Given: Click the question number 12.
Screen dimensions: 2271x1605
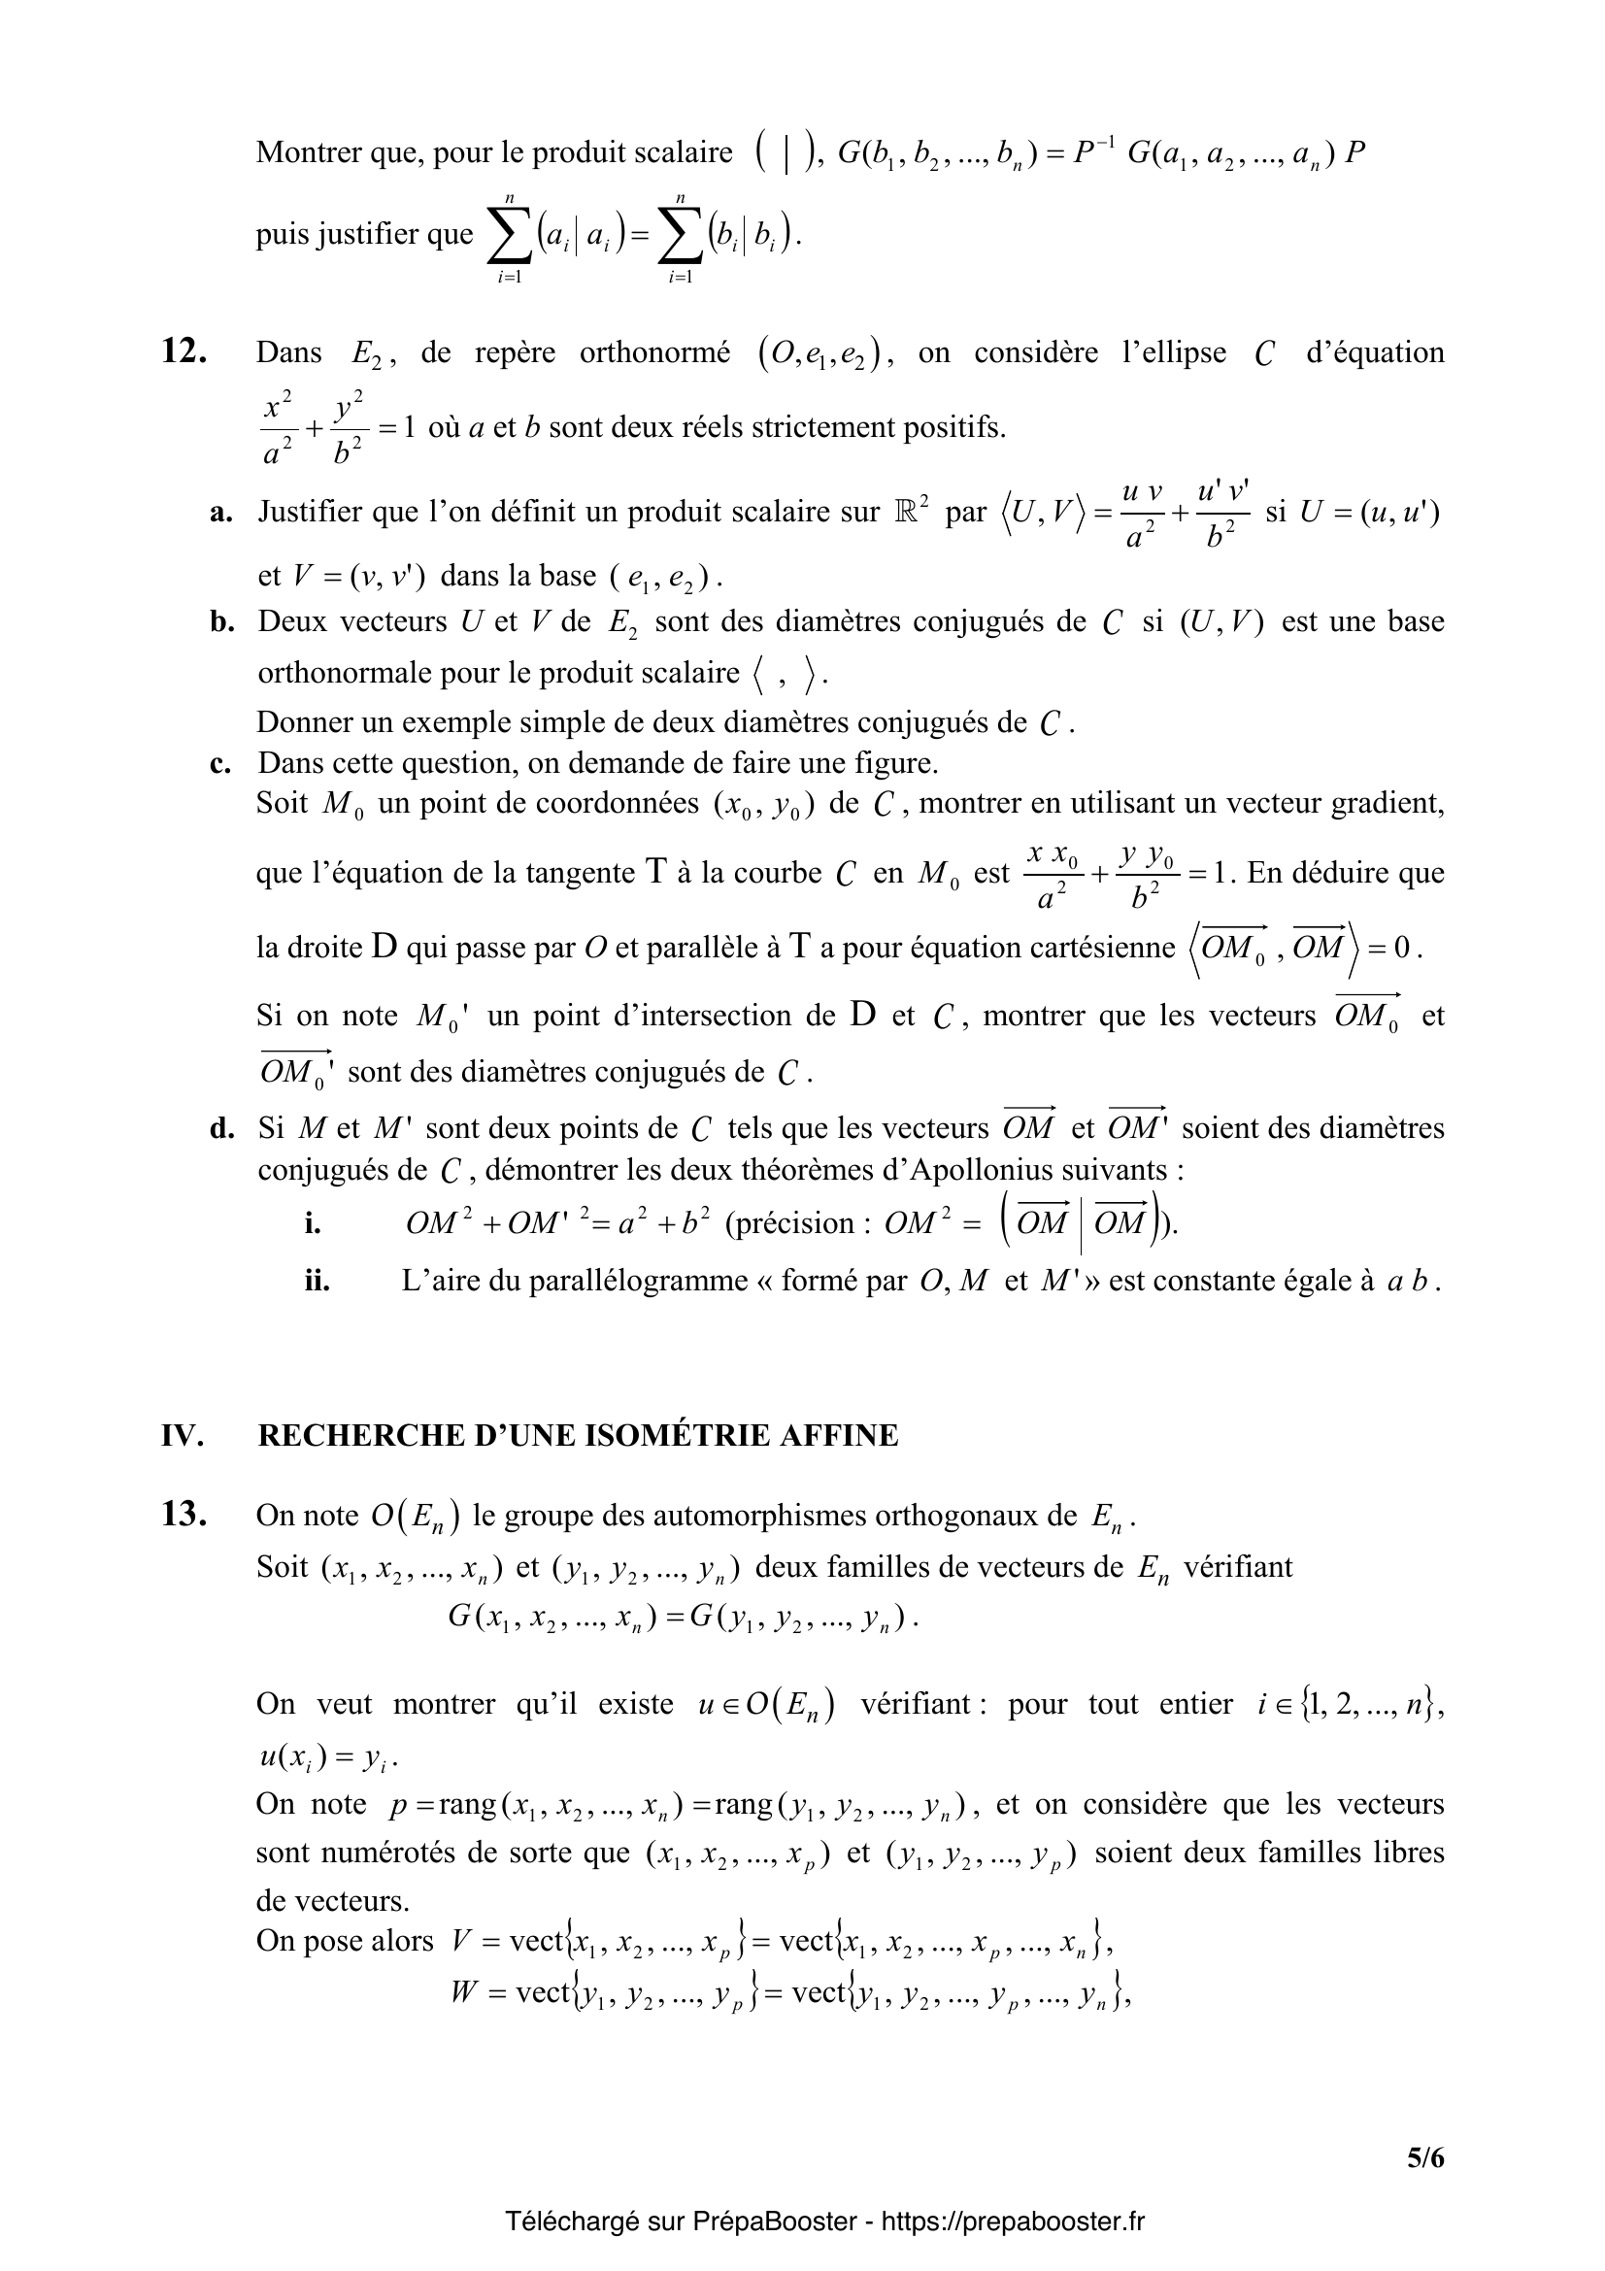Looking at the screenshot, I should click(x=183, y=352).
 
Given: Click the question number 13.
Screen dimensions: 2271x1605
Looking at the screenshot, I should click(x=183, y=1516).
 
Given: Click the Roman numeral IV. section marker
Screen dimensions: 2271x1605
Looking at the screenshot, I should click(x=182, y=1435).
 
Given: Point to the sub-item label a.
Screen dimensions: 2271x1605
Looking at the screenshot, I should click(x=220, y=513).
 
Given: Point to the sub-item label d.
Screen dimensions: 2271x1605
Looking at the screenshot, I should click(x=220, y=1128).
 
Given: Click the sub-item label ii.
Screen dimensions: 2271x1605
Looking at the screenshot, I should click(x=317, y=1281).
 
